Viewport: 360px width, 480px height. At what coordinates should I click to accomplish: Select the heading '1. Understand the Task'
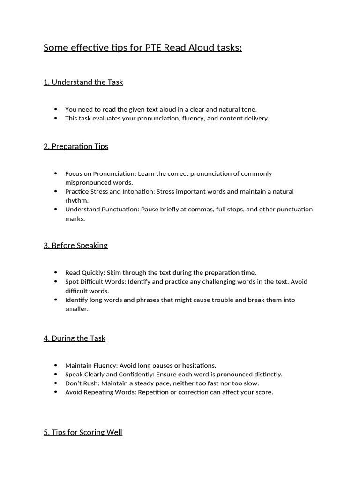(83, 82)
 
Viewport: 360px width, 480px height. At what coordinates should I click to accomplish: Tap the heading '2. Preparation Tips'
(75, 146)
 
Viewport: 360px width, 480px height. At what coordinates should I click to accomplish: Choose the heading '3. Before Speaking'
(75, 245)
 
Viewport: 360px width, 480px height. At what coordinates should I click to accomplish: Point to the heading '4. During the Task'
(74, 338)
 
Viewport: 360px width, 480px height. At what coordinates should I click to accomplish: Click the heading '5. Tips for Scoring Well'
(82, 432)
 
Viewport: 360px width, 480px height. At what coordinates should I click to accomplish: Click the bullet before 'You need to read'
(56, 109)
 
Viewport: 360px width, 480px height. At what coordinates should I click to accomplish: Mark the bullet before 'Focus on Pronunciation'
(56, 173)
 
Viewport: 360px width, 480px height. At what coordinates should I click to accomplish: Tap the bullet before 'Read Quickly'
(56, 272)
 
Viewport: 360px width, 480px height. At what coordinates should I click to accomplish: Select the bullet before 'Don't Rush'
(56, 383)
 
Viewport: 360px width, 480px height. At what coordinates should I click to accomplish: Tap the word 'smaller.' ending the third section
(76, 309)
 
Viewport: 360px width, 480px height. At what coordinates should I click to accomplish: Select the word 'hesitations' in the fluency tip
(199, 365)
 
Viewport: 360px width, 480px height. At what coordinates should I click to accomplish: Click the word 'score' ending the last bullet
(263, 392)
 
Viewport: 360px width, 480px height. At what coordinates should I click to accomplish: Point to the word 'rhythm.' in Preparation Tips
(76, 200)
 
